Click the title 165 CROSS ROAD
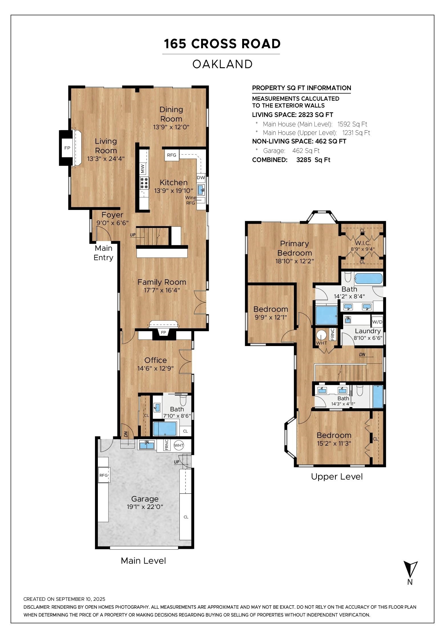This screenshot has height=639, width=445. coord(222,44)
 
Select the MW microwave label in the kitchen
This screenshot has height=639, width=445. coord(143,168)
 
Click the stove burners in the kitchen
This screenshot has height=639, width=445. coord(144,183)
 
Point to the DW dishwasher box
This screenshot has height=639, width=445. coord(201,178)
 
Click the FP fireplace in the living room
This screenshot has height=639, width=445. coord(67,148)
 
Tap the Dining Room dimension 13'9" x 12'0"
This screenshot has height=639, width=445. coord(171,127)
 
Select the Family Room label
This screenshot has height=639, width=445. coord(162,282)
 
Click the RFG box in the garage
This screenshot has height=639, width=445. coord(104,475)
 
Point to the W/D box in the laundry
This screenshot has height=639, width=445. coord(377,322)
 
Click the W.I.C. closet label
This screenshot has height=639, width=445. coord(363,243)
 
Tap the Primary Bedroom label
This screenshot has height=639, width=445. coord(294,248)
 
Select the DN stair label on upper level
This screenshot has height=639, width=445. coord(362,355)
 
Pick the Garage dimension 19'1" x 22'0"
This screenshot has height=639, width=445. coord(145,507)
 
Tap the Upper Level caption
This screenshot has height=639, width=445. coord(337,477)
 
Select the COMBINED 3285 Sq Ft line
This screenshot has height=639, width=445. coord(291,160)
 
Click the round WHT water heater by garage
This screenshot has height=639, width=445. coord(179,445)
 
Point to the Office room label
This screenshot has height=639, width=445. coord(155,360)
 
